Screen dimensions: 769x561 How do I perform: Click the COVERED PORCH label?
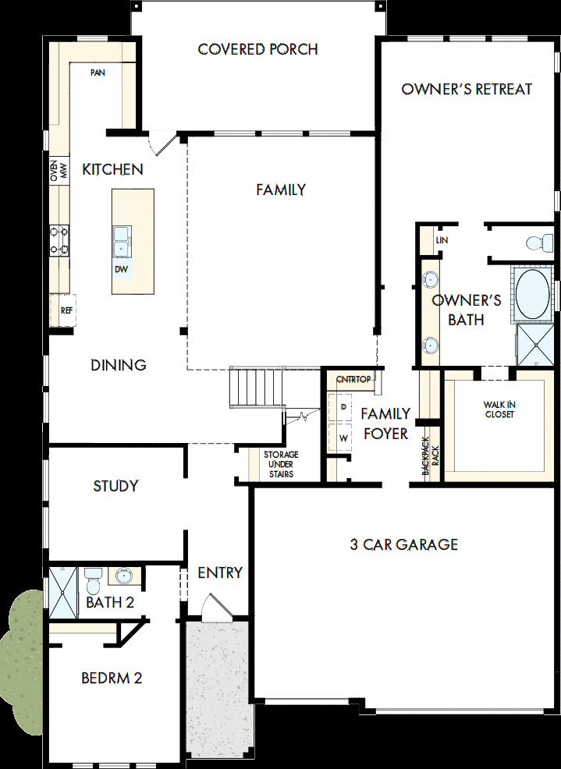(257, 49)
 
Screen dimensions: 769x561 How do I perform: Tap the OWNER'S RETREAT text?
(467, 89)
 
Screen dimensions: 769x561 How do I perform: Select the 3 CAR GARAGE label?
(403, 544)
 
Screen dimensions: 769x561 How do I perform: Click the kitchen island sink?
(121, 241)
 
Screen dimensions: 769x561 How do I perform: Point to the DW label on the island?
(121, 269)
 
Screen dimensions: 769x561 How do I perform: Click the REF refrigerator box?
(66, 310)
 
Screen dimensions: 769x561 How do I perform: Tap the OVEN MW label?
(59, 171)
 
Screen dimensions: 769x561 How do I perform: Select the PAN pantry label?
(98, 73)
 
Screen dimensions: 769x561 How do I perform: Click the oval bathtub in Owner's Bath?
(532, 295)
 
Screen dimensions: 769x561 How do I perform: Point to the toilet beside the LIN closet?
(535, 243)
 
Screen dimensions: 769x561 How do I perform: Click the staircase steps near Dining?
(254, 387)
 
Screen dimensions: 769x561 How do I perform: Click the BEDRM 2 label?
(112, 678)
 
